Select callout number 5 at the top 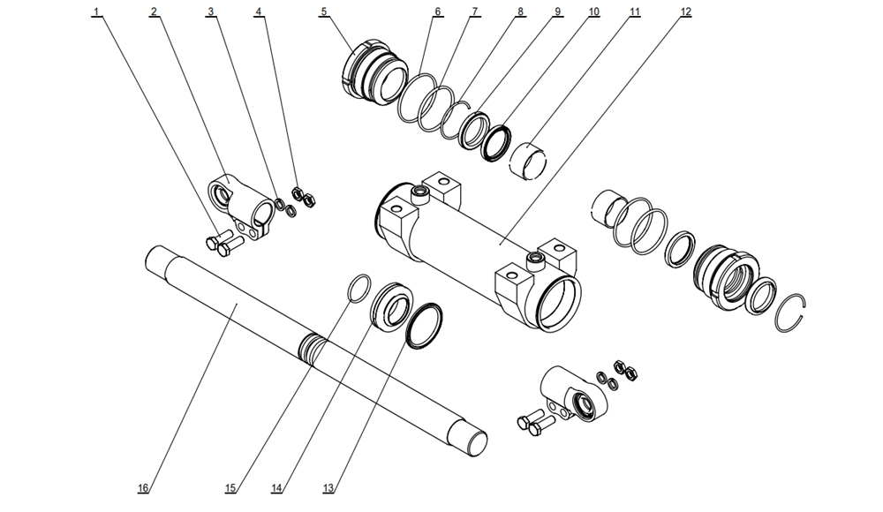(x=324, y=12)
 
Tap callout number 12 (x=685, y=12)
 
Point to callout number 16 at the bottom (x=142, y=488)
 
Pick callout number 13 (x=329, y=488)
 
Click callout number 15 (x=230, y=488)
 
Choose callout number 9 (x=557, y=12)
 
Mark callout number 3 (x=211, y=12)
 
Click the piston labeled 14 (x=389, y=306)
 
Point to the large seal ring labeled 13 (x=424, y=324)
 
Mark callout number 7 (x=474, y=12)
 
